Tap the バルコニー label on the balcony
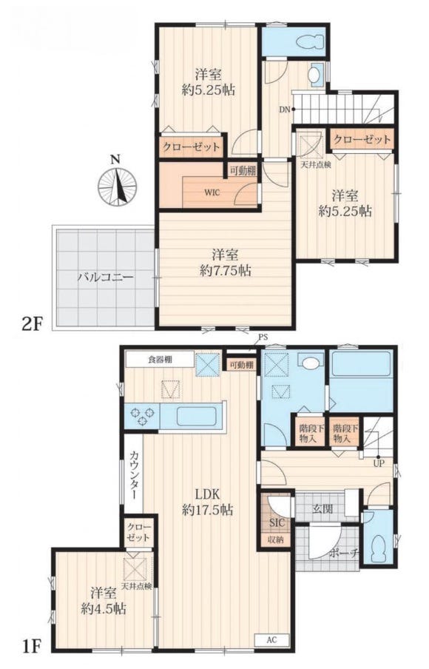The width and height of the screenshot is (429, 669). point(105,278)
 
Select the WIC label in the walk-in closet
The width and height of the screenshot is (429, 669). point(212,192)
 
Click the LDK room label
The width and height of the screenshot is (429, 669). point(207,494)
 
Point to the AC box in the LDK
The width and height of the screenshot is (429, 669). point(271,640)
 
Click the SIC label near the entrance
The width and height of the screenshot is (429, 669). point(277,522)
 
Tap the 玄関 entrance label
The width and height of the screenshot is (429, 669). point(322,509)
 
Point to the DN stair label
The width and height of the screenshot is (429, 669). point(285,110)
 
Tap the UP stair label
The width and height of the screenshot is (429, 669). point(378,464)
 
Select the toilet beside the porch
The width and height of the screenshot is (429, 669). point(378,548)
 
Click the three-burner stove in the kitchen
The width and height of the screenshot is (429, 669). point(143,416)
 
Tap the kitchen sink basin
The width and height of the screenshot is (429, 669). point(197,416)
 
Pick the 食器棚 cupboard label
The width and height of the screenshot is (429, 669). point(161,360)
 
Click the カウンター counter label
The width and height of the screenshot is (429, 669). point(135,474)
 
